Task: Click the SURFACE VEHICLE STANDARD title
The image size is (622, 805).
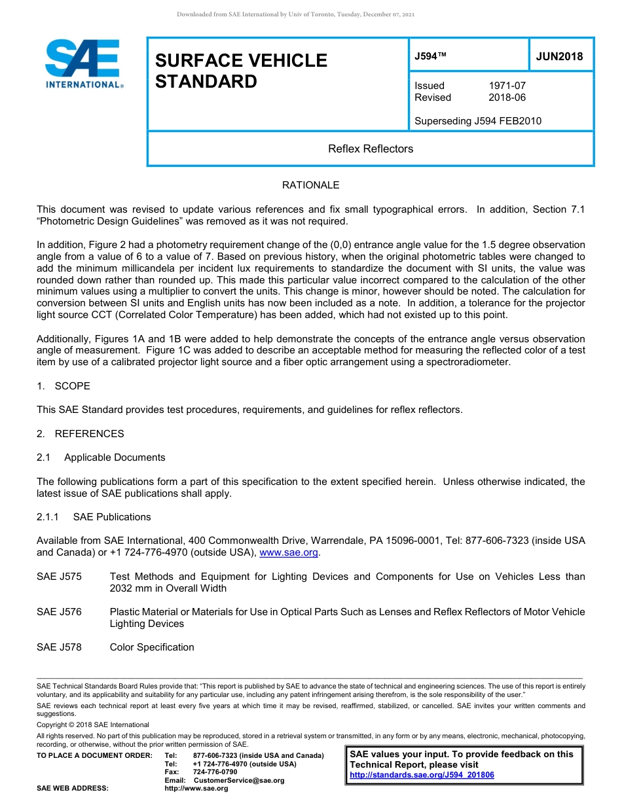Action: tap(240, 71)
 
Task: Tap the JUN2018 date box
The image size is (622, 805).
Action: tap(559, 56)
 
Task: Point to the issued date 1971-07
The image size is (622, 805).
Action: tap(507, 86)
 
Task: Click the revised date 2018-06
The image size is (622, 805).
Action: tap(507, 98)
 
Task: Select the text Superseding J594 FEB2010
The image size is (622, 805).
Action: tap(478, 121)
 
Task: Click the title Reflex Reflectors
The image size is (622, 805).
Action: tap(371, 149)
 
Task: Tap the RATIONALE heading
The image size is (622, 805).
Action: tap(310, 185)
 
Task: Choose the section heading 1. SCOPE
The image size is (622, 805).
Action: tap(64, 386)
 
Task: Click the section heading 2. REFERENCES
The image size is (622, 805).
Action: tap(80, 434)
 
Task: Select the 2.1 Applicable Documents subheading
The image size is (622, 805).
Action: tap(101, 457)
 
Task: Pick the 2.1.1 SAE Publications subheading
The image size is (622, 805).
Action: tap(94, 517)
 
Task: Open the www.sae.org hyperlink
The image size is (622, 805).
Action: tap(289, 552)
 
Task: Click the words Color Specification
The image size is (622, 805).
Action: tap(152, 647)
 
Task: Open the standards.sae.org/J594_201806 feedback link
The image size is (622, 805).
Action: tap(422, 775)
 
